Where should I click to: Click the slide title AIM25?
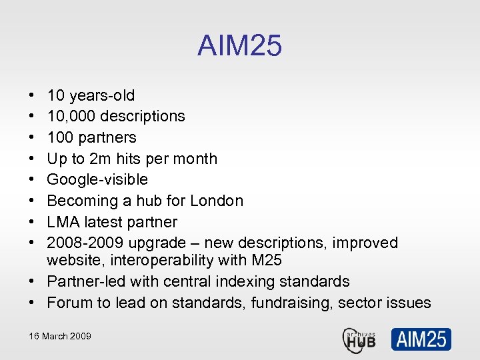239,46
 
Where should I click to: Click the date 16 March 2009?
60,336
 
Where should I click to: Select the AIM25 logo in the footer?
421,339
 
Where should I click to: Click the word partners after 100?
109,137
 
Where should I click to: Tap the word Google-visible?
97,179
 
